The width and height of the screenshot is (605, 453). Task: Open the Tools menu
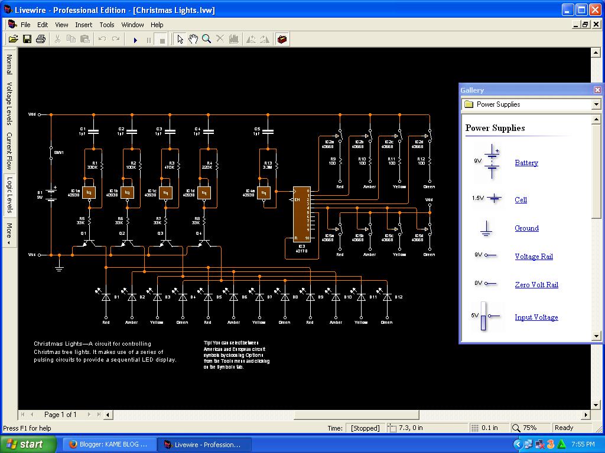(x=107, y=25)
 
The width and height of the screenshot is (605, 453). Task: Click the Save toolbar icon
(x=27, y=39)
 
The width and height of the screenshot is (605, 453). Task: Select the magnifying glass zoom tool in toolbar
(x=206, y=39)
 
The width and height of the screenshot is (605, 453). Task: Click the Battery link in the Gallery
(x=526, y=163)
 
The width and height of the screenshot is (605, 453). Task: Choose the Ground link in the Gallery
(x=526, y=228)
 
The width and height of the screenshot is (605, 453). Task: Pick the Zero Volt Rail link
(x=536, y=285)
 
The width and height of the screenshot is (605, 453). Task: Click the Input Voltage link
(x=536, y=317)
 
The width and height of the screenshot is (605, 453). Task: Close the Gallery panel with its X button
(x=597, y=90)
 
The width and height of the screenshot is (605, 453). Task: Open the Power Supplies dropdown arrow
(x=596, y=104)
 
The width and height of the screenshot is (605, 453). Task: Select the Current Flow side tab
(x=9, y=151)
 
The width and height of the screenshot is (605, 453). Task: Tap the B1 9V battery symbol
(x=51, y=194)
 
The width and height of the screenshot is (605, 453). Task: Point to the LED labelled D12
(x=387, y=297)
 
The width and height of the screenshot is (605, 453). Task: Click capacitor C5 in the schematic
(x=268, y=132)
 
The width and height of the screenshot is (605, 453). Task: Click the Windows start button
(x=28, y=444)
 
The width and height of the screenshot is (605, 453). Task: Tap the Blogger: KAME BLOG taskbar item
(x=109, y=444)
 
